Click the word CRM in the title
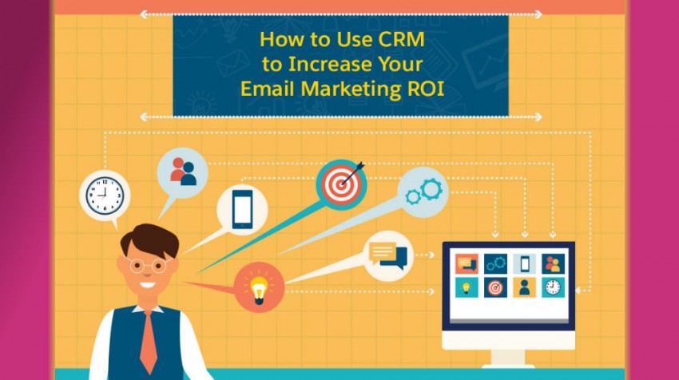pos(401,39)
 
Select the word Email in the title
pos(267,89)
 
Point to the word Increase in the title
pos(330,64)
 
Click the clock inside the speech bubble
pos(105,196)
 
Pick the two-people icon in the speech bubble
pos(183,172)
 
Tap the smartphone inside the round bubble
pos(242,209)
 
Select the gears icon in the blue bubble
pos(423,192)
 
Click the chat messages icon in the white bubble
pos(388,255)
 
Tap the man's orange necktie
pos(149,341)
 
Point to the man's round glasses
pos(148,265)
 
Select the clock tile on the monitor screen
pos(553,287)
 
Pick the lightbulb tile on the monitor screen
pos(467,287)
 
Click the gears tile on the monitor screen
pos(495,263)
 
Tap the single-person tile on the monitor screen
pos(524,287)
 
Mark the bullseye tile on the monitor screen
pos(495,287)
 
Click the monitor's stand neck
pos(508,357)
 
